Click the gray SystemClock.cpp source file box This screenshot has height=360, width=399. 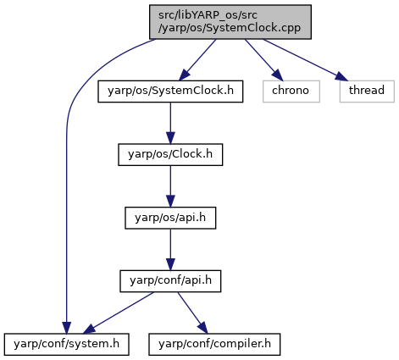coord(230,22)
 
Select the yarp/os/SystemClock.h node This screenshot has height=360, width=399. coord(170,91)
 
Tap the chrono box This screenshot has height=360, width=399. coord(291,91)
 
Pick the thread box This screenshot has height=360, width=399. coord(367,91)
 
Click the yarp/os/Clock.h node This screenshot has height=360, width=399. coord(170,154)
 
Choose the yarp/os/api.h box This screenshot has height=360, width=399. coord(170,218)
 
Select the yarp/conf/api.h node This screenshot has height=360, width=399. coord(170,281)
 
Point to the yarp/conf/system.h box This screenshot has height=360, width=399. coord(67,344)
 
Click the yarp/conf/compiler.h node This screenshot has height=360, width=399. coord(214,344)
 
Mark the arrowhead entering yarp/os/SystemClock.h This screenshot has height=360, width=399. coord(184,75)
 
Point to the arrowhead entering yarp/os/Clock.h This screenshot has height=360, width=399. coord(170,138)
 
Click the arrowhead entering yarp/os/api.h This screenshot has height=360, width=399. coord(170,202)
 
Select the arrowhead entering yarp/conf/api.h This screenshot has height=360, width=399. coord(170,264)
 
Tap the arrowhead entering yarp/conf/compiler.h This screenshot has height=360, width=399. coord(203,328)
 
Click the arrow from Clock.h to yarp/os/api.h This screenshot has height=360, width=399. coord(170,186)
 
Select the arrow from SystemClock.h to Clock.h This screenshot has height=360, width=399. coord(170,123)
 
